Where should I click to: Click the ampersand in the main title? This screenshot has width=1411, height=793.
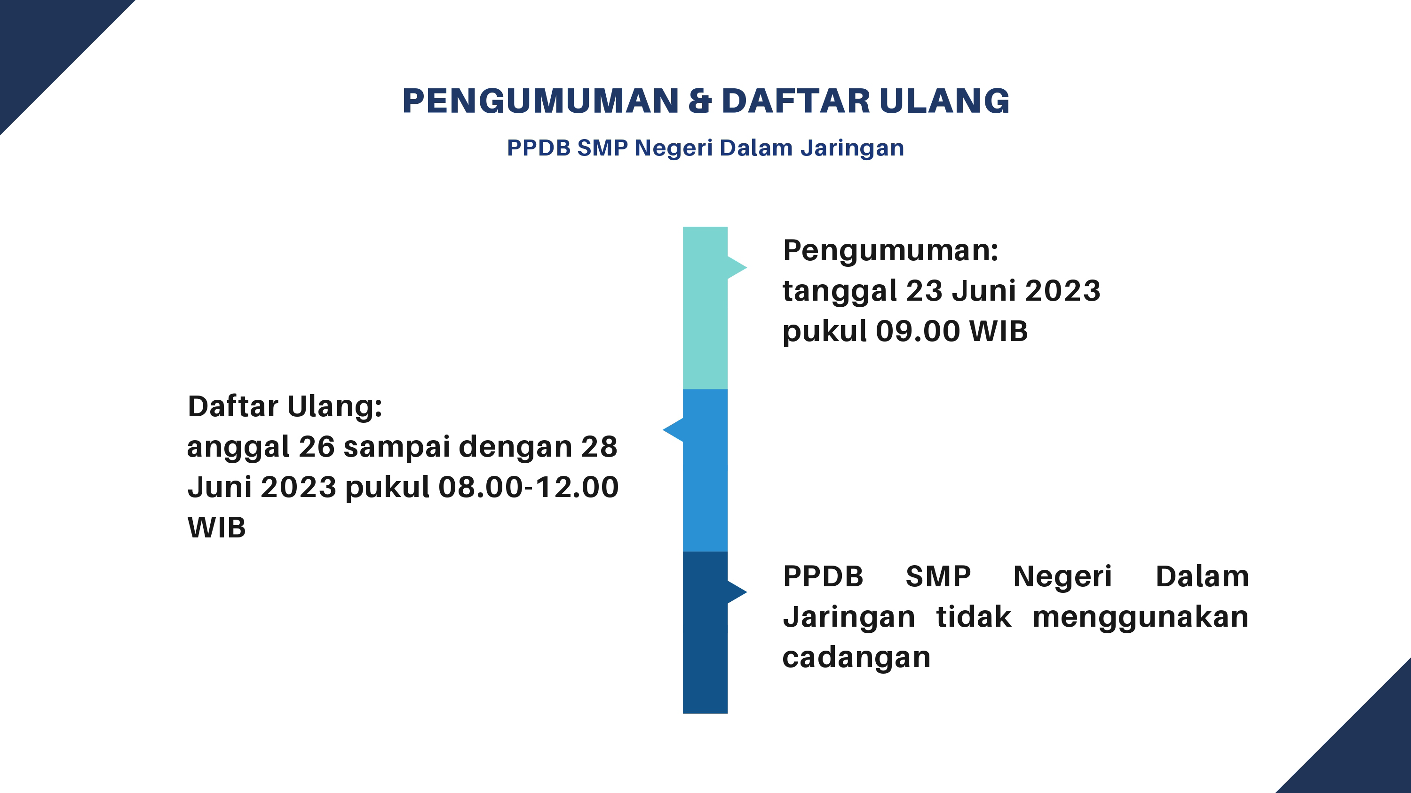click(700, 101)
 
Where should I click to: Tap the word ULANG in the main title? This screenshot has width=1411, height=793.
click(944, 101)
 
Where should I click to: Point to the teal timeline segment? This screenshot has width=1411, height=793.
click(705, 308)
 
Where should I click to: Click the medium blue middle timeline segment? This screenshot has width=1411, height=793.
click(705, 470)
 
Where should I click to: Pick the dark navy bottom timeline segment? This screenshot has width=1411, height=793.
click(705, 632)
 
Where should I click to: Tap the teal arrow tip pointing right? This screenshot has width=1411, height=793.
click(746, 268)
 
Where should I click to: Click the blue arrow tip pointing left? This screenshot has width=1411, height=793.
click(663, 429)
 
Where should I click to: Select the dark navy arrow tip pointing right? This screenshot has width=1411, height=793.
click(746, 591)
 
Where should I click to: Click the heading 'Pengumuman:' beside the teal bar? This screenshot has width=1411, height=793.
click(891, 251)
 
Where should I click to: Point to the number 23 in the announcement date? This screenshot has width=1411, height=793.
click(924, 291)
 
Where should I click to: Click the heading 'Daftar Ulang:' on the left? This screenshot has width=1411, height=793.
click(285, 407)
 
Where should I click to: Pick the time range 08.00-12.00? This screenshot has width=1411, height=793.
click(529, 487)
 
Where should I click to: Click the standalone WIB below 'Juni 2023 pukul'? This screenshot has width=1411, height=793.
click(217, 528)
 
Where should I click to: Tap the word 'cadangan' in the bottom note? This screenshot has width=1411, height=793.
click(856, 657)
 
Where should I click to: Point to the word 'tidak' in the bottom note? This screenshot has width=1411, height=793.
click(973, 617)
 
